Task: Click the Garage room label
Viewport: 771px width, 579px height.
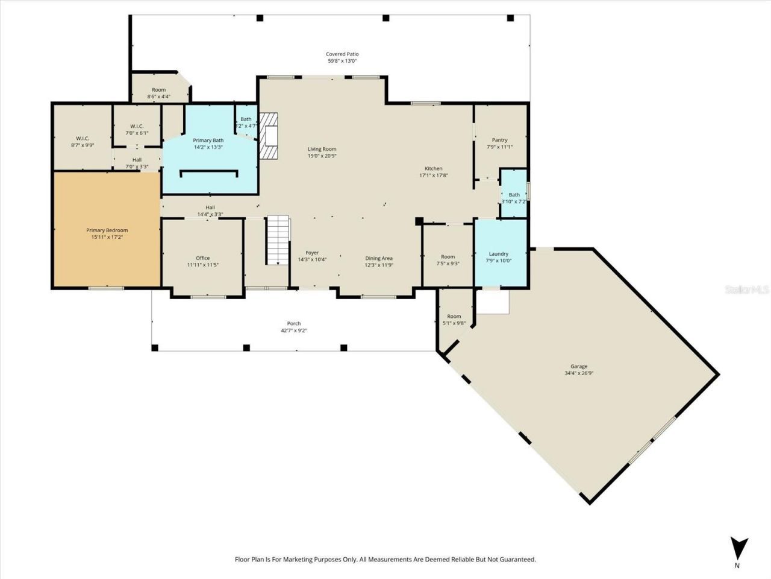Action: (x=578, y=366)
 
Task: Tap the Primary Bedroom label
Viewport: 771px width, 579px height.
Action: (x=107, y=230)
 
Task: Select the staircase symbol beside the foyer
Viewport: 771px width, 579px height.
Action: (x=278, y=239)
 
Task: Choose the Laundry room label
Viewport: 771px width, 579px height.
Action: (x=498, y=254)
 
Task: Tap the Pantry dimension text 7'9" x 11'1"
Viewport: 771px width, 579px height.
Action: (x=499, y=147)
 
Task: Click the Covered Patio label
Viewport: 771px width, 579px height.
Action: (x=342, y=54)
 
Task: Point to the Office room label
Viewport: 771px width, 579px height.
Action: (x=202, y=258)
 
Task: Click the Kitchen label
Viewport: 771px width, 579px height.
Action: (x=433, y=168)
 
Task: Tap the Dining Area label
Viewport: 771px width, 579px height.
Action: (x=378, y=258)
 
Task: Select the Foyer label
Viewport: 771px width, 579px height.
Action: (x=312, y=253)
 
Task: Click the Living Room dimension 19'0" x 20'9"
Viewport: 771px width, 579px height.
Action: (x=322, y=156)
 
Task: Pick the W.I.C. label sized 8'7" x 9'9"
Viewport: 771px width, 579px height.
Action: (x=82, y=138)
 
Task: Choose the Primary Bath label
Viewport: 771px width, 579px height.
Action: (x=208, y=140)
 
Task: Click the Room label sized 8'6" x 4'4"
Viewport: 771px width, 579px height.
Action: (x=158, y=90)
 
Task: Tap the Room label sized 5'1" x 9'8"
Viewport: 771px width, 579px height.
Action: (x=454, y=316)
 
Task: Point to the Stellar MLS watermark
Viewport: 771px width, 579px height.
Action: (x=746, y=290)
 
